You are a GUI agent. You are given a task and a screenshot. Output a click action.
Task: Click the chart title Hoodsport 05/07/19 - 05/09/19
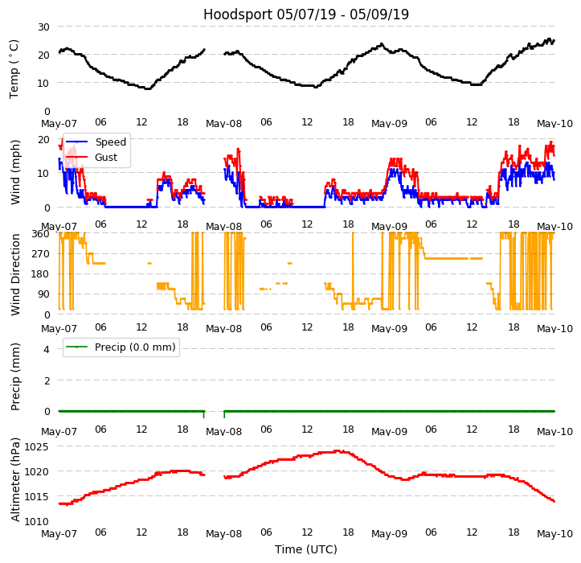click(306, 14)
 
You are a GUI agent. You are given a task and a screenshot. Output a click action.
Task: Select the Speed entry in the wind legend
click(110, 142)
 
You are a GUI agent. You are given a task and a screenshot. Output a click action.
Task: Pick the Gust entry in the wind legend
click(106, 158)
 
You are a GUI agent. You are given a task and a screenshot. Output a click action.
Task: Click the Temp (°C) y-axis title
click(14, 68)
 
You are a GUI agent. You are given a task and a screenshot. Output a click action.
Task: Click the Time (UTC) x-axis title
click(306, 549)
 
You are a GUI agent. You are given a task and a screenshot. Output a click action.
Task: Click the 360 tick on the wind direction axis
click(41, 234)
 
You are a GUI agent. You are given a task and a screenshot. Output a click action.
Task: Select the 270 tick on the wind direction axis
click(41, 254)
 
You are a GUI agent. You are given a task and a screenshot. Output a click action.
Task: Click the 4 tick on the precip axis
click(47, 349)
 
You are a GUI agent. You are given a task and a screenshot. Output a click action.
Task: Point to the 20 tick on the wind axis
click(43, 139)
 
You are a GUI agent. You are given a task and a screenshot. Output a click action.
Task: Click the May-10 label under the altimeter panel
click(554, 533)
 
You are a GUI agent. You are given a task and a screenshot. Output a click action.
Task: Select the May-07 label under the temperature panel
click(59, 123)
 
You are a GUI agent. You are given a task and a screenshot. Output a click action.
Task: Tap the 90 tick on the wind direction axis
click(43, 294)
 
